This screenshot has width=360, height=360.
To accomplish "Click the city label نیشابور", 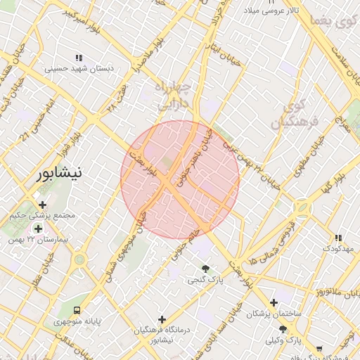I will [x=60, y=172].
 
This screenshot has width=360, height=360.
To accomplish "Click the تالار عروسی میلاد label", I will [x=271, y=11].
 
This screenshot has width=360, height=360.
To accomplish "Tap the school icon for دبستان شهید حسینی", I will [x=79, y=58].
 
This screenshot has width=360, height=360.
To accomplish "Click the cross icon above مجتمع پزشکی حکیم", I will [x=42, y=205].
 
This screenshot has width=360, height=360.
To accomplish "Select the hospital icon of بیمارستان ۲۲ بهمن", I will [x=38, y=228].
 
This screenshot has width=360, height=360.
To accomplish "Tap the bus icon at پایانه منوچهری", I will [x=76, y=310].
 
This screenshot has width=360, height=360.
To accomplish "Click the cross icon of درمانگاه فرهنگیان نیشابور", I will [x=162, y=319].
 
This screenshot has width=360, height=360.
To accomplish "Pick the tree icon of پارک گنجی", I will [x=205, y=269].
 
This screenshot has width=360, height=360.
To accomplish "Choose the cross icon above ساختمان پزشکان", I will [x=274, y=302].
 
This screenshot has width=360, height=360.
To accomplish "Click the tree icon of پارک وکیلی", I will [x=283, y=328].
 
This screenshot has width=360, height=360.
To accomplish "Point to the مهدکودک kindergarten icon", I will [x=338, y=238].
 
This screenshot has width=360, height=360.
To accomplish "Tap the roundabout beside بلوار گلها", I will [x=302, y=207].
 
